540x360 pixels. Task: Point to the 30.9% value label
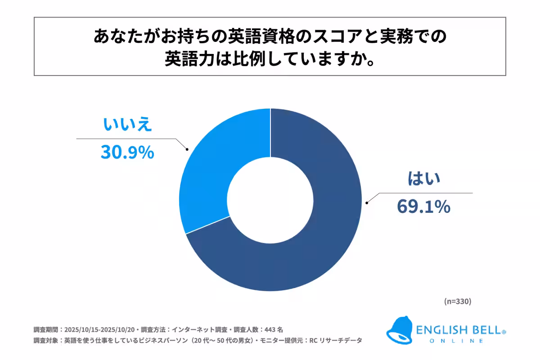coord(127,153)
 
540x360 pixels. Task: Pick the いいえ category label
coord(127,126)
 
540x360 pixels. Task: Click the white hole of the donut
coord(270,199)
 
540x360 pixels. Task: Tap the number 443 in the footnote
coord(270,329)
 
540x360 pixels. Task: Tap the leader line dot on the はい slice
coord(368,203)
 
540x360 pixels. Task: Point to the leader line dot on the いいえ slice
coord(187,149)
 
